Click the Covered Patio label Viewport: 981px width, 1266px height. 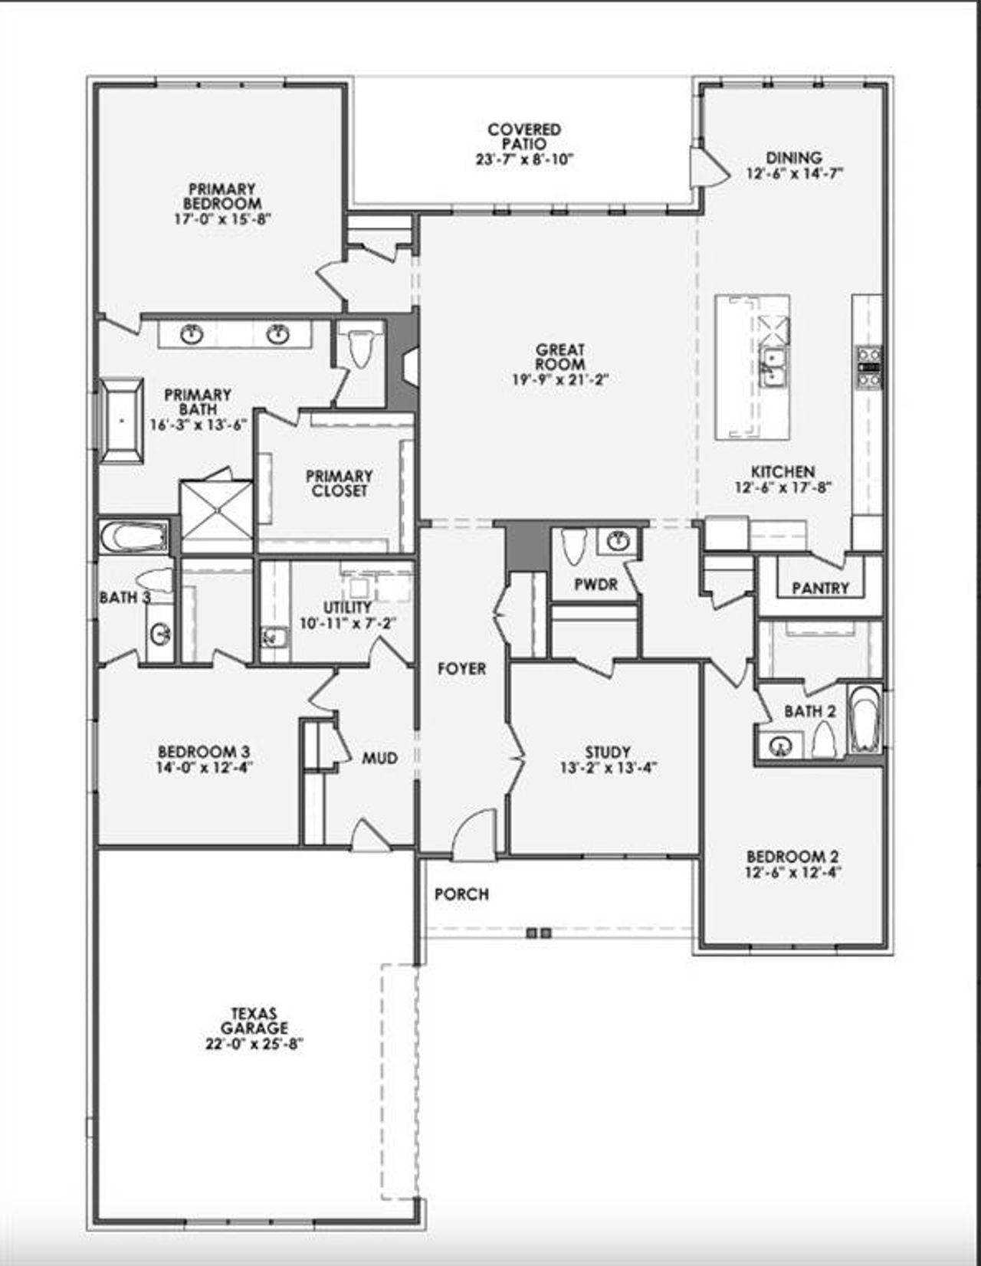(x=524, y=136)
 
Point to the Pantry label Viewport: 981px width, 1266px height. (x=820, y=588)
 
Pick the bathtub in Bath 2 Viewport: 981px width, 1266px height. (x=865, y=720)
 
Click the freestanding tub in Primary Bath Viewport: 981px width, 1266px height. (x=121, y=421)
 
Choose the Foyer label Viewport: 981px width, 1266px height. (x=461, y=669)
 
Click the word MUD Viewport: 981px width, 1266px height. (x=380, y=758)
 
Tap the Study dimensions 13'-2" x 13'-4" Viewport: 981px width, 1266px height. (x=608, y=767)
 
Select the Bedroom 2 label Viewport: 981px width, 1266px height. (x=792, y=857)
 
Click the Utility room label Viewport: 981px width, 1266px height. (x=347, y=608)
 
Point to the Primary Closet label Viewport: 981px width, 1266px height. (x=339, y=484)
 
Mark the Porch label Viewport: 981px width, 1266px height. (x=461, y=894)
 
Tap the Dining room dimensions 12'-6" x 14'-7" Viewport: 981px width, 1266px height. (x=794, y=174)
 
